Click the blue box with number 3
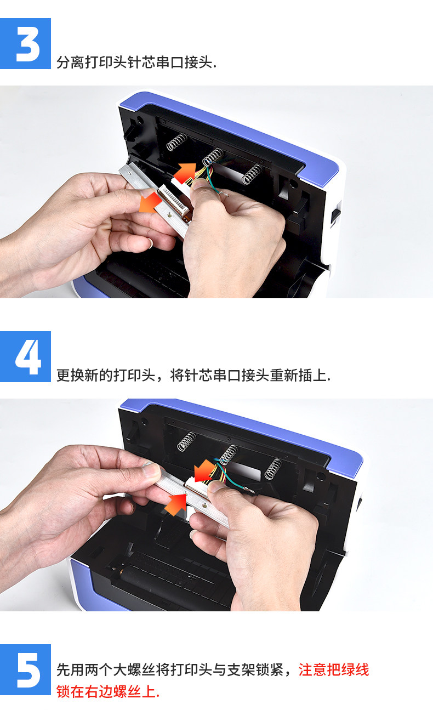coord(25,43)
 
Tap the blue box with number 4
coord(25,356)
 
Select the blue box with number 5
coord(25,670)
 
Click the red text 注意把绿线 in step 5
coord(334,670)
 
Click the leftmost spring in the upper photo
coord(176,142)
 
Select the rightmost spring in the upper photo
coord(252,174)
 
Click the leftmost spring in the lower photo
coord(187,441)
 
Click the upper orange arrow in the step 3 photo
coord(185,173)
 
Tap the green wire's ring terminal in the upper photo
coord(226,194)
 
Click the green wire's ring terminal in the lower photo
coord(251,491)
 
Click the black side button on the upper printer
coord(335,215)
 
